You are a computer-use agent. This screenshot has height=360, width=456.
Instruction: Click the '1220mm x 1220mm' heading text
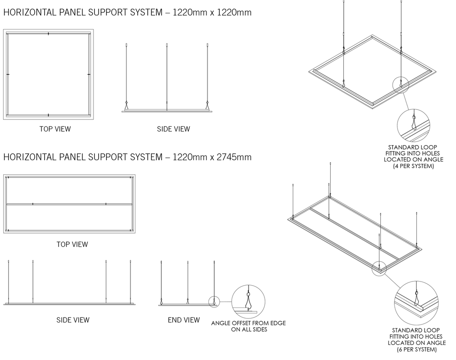click(x=212, y=12)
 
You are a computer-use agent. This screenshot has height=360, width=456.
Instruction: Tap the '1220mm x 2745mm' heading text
click(x=212, y=157)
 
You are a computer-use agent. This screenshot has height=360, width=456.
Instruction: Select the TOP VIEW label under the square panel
click(x=55, y=129)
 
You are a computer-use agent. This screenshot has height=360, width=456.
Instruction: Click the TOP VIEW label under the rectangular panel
click(x=72, y=245)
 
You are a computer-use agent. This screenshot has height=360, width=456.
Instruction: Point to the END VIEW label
click(x=184, y=320)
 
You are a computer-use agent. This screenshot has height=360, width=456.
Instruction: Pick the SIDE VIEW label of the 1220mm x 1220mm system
click(x=173, y=129)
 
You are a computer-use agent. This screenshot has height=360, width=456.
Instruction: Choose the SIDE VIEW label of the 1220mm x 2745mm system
click(x=73, y=320)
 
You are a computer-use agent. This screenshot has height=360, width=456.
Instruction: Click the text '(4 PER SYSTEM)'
click(x=413, y=166)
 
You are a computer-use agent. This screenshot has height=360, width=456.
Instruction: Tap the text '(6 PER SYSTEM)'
click(x=417, y=349)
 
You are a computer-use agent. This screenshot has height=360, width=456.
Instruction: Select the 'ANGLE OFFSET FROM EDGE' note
click(x=249, y=323)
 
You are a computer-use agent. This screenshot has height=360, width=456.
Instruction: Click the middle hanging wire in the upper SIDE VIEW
click(x=166, y=77)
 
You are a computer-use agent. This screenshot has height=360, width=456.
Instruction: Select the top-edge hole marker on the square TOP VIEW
click(x=48, y=34)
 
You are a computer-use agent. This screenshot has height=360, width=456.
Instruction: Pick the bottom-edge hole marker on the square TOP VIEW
click(x=48, y=115)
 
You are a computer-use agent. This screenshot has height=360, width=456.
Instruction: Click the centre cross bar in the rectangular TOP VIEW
click(x=69, y=204)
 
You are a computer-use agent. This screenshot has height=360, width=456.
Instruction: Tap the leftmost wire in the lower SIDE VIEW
click(x=8, y=282)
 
